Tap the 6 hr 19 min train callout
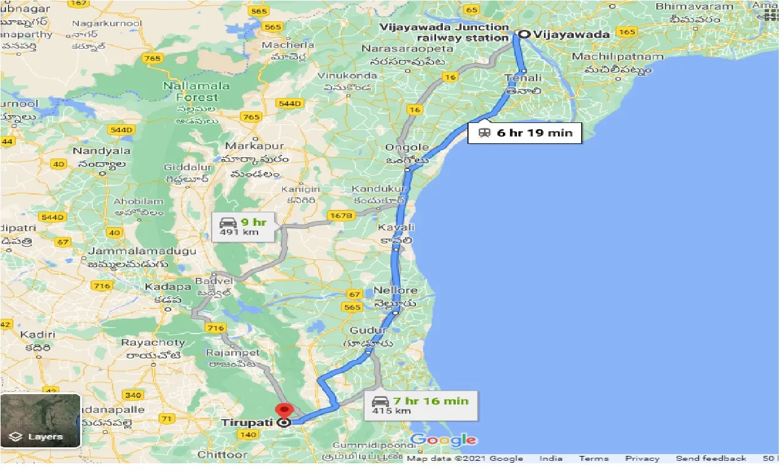(524, 132)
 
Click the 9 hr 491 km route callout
(242, 225)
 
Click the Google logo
(443, 439)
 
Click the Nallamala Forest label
(197, 92)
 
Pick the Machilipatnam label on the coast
(617, 57)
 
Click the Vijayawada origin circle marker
(523, 34)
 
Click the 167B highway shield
(340, 215)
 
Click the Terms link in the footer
(593, 458)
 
